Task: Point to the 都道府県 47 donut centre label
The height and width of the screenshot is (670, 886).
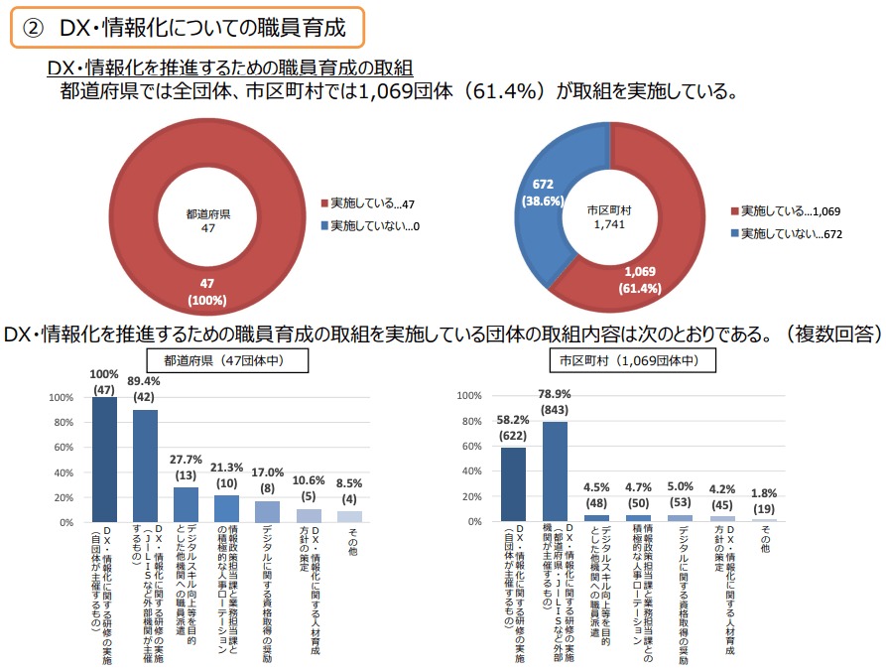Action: point(208,220)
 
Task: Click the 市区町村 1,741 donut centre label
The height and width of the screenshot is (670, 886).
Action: point(609,218)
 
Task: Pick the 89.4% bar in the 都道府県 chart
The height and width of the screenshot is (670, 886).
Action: point(146,465)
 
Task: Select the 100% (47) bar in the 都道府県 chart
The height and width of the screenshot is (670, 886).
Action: point(105,459)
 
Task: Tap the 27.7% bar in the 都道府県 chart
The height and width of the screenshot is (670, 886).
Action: point(187,504)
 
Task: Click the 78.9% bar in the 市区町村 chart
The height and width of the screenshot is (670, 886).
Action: point(555,471)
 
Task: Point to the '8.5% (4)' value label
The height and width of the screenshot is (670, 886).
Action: point(349,492)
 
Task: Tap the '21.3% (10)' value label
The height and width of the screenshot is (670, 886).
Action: point(227,476)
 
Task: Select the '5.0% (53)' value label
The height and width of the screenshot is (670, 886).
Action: point(681,493)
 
